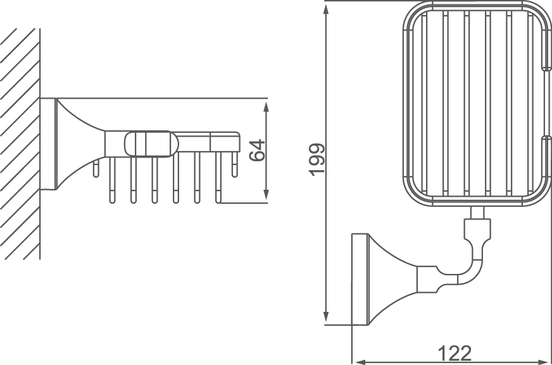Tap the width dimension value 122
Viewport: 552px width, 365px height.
tap(454, 352)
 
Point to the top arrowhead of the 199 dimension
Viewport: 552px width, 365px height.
tap(327, 8)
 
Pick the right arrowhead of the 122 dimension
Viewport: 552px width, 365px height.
tap(546, 361)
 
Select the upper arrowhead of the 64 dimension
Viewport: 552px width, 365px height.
tap(267, 105)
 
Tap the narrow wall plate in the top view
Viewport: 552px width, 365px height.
tap(360, 279)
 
